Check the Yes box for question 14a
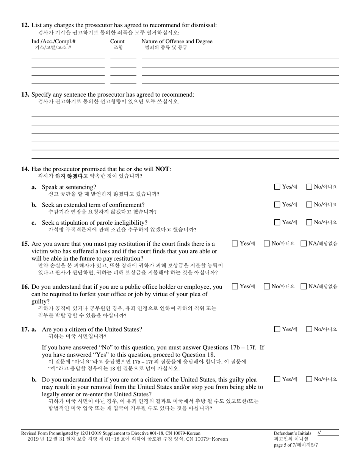pyautogui.click(x=277, y=186)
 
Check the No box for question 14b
pyautogui.click(x=309, y=205)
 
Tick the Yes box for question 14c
pyautogui.click(x=277, y=222)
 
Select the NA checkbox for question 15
pyautogui.click(x=304, y=244)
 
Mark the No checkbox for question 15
pyautogui.click(x=267, y=244)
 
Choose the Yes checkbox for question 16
pyautogui.click(x=235, y=286)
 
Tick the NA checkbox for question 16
pyautogui.click(x=304, y=286)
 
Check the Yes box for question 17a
pyautogui.click(x=277, y=329)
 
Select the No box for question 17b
pyautogui.click(x=309, y=379)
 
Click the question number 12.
pyautogui.click(x=25, y=25)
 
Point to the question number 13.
pyautogui.click(x=25, y=94)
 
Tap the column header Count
pyautogui.click(x=117, y=42)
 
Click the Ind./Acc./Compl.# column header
pyautogui.click(x=53, y=42)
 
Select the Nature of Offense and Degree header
pyautogui.click(x=177, y=42)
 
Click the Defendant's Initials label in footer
pyautogui.click(x=292, y=433)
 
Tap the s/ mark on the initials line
pyautogui.click(x=319, y=432)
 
